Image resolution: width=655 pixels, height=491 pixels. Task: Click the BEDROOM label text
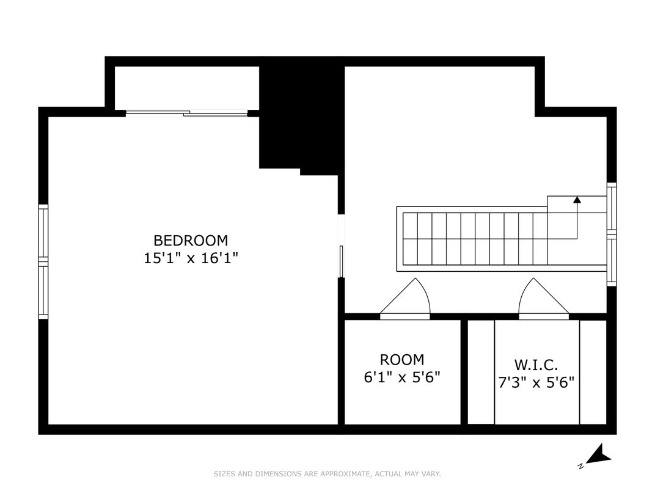click(190, 240)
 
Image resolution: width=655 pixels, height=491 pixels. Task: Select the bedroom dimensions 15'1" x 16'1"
click(190, 258)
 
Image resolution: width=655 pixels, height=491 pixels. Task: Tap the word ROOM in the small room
click(401, 360)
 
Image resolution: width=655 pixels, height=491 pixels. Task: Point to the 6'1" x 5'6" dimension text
click(401, 377)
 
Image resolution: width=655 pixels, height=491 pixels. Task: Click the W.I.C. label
click(536, 365)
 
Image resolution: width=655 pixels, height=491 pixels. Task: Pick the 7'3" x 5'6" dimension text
click(536, 383)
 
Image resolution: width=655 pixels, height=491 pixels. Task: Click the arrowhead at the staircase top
click(577, 199)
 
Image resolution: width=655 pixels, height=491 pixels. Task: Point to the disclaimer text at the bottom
click(327, 474)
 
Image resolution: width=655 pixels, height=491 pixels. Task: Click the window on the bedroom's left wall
click(43, 261)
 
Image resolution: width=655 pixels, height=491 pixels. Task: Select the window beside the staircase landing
click(612, 234)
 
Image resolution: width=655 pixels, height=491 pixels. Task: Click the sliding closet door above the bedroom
click(186, 112)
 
